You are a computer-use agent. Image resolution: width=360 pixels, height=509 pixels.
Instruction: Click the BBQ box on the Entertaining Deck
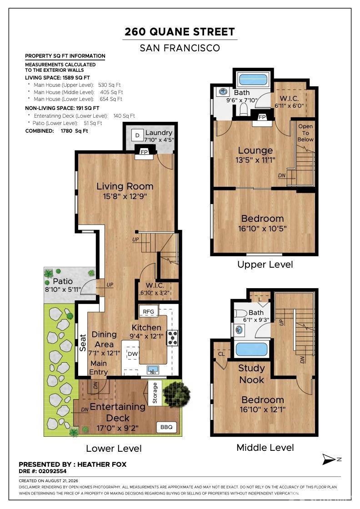click(x=166, y=427)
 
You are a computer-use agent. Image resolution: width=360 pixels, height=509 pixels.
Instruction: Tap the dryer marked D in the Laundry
click(x=137, y=135)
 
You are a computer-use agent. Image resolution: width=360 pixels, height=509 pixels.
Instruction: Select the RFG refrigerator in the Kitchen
click(x=148, y=311)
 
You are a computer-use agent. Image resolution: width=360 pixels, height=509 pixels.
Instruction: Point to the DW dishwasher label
click(x=132, y=354)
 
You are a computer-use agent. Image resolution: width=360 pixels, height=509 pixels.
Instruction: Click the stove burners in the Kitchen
click(x=172, y=337)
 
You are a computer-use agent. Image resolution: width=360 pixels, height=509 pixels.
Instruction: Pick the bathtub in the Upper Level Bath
click(x=253, y=80)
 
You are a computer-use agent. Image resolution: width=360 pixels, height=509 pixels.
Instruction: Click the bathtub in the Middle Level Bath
click(x=251, y=349)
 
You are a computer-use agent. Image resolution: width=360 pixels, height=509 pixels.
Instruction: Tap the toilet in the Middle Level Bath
click(x=240, y=313)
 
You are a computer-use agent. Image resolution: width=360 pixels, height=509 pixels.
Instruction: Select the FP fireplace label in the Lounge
click(x=262, y=117)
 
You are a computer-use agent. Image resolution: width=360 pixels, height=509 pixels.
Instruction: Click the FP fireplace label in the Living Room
click(x=144, y=152)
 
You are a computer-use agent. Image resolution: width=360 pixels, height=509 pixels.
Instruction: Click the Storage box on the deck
click(x=155, y=393)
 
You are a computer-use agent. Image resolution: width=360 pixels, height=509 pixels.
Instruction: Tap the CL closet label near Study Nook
click(x=221, y=354)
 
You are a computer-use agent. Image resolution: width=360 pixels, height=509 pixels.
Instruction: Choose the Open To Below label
click(x=305, y=133)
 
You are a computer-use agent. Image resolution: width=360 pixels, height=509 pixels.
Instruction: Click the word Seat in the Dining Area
click(x=83, y=343)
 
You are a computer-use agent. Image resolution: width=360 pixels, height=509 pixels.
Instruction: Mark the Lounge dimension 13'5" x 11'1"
click(x=255, y=160)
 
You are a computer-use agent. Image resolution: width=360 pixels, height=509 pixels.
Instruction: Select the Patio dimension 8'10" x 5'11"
click(x=63, y=289)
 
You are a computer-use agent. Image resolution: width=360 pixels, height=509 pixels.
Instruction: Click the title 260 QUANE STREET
click(x=180, y=32)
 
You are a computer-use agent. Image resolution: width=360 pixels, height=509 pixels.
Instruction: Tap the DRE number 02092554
click(x=52, y=471)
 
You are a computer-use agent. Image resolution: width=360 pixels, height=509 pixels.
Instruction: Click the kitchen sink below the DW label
click(x=153, y=369)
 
